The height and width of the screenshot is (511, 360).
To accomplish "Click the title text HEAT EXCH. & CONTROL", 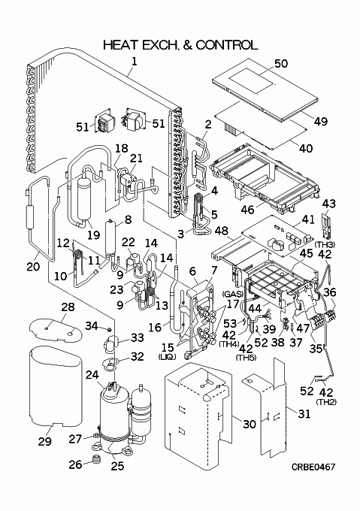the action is click(180, 45).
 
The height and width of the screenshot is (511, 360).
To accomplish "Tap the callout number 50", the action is click(281, 63).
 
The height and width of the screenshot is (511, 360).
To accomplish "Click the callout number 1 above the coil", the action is click(134, 62).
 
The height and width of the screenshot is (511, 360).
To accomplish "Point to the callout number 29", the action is click(44, 441).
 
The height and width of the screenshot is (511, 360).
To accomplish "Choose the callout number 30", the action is click(250, 424).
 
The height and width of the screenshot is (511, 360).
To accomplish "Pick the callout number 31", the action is click(304, 413).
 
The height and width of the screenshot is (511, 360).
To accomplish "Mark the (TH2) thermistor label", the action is click(326, 402).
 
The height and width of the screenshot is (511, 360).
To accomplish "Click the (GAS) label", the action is click(233, 294).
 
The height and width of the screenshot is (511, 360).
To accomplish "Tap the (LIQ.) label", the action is click(167, 357).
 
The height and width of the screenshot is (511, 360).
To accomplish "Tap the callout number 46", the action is click(247, 209).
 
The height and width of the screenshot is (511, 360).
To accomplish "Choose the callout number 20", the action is click(33, 266).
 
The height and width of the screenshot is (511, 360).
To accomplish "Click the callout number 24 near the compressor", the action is click(92, 375).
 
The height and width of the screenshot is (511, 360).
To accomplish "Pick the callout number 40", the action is click(306, 148).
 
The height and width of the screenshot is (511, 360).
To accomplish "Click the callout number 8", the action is click(128, 219).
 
